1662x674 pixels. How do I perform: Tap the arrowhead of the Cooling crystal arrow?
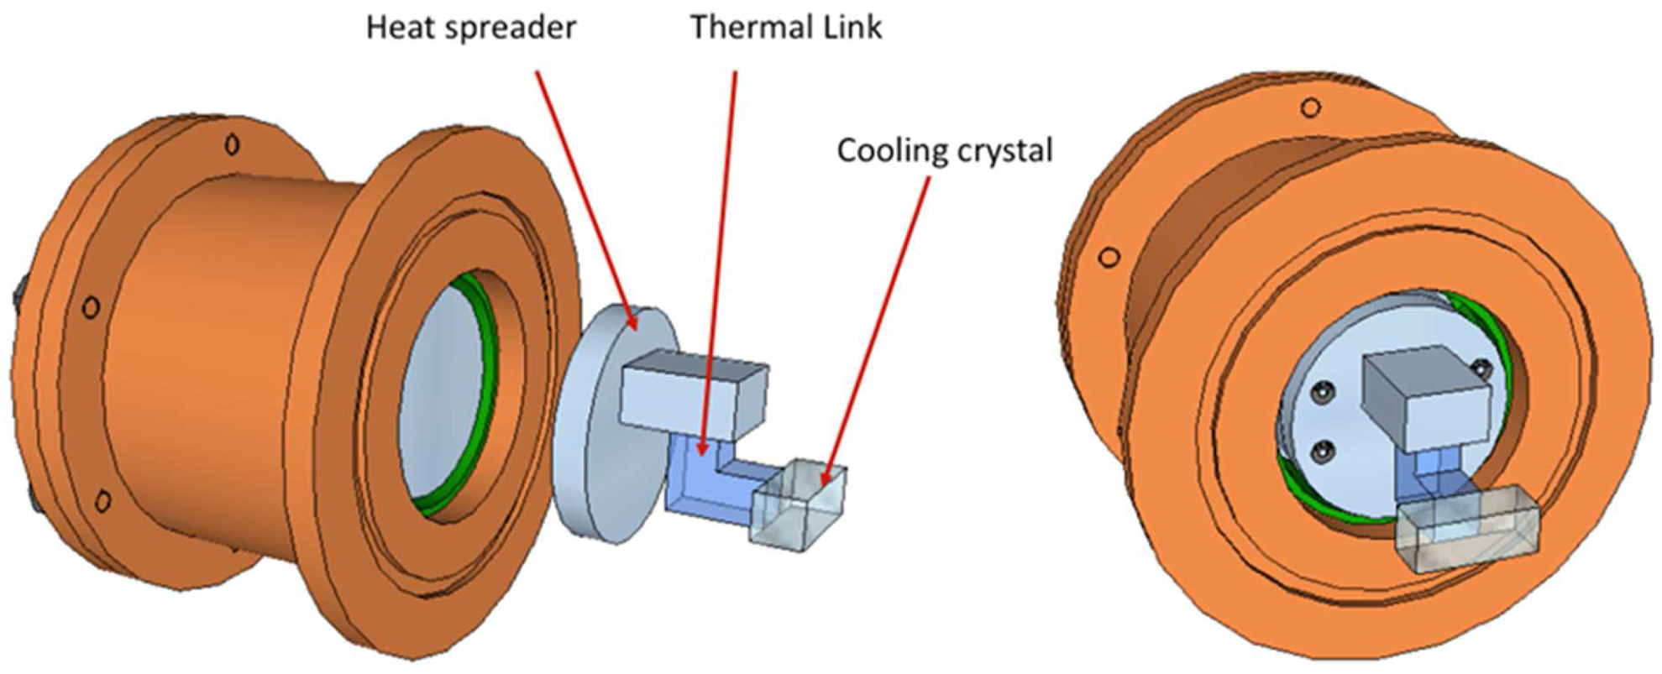pyautogui.click(x=828, y=479)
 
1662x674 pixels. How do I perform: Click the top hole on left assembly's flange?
pyautogui.click(x=233, y=145)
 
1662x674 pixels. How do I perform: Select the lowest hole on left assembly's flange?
pyautogui.click(x=102, y=502)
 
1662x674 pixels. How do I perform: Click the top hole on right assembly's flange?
pyautogui.click(x=1311, y=107)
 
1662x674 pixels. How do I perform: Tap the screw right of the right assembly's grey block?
pyautogui.click(x=1482, y=368)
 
